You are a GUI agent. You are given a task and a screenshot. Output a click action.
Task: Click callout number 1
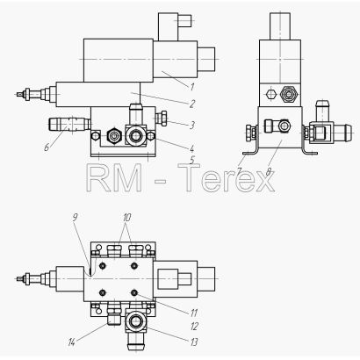(x=192, y=87)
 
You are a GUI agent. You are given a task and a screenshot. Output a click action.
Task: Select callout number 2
(x=192, y=104)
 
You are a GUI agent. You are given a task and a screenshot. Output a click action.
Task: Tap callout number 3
(x=191, y=126)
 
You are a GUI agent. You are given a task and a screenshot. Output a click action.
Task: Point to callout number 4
(x=191, y=148)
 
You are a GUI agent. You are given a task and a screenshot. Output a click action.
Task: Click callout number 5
(x=192, y=160)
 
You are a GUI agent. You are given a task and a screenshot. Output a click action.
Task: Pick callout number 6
(x=47, y=148)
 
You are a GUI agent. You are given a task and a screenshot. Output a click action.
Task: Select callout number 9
(x=75, y=217)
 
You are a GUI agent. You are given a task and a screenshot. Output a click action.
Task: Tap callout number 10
(x=126, y=218)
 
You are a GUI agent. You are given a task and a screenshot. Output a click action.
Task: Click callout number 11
(x=194, y=313)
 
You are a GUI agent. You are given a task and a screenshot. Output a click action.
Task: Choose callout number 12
(x=194, y=327)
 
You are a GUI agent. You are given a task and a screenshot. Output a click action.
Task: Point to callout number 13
(x=194, y=342)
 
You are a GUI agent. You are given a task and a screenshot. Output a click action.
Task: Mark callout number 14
(x=71, y=342)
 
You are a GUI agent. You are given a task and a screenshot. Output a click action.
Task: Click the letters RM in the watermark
(x=114, y=177)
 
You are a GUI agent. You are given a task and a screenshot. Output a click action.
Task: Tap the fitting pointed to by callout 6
(x=69, y=124)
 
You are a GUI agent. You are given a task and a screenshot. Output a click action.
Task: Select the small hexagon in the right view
(x=271, y=94)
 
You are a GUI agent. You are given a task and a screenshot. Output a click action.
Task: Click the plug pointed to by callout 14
(x=114, y=317)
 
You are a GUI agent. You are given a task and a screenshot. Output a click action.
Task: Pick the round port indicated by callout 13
(x=135, y=321)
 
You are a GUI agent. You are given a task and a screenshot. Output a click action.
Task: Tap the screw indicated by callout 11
(x=134, y=292)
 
